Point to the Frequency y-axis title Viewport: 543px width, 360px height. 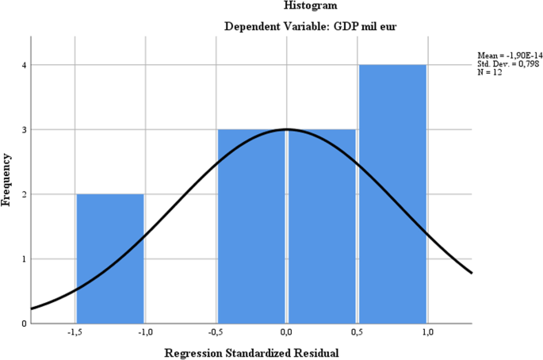tap(7, 180)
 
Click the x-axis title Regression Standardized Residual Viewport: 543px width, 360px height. tap(251, 351)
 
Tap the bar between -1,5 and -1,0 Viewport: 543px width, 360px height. tap(109, 259)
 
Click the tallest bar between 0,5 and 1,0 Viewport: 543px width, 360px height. tap(392, 194)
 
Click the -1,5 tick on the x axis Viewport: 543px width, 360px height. tap(75, 332)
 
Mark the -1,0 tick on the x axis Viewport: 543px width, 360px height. tap(145, 332)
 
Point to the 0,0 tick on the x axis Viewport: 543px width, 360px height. tap(286, 332)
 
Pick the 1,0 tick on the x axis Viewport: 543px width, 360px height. tap(427, 332)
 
